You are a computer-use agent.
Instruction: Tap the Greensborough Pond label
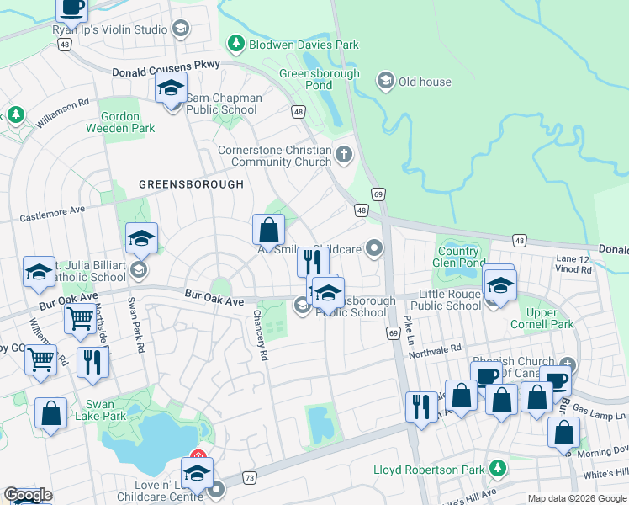(319, 79)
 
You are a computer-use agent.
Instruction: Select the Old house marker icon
(386, 81)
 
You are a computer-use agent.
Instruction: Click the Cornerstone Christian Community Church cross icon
(343, 154)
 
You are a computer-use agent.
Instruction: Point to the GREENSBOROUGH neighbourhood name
(191, 184)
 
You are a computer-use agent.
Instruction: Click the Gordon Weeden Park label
(120, 123)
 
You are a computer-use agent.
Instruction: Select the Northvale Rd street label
(436, 349)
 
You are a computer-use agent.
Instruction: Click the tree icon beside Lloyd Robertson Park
(498, 467)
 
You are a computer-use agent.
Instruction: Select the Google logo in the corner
(28, 495)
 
